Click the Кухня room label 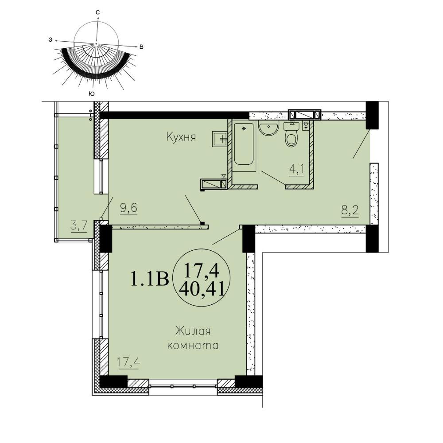tap(181, 137)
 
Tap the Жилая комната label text tap(193, 338)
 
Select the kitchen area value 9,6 tap(128, 209)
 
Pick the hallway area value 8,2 tap(350, 211)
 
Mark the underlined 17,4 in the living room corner tap(128, 362)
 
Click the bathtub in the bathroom tap(244, 145)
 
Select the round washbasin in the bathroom tap(268, 128)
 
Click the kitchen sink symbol tap(220, 138)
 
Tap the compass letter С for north tap(97, 12)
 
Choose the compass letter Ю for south tap(91, 94)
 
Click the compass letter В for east tap(142, 47)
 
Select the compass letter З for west tap(51, 40)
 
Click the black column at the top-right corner tap(372, 115)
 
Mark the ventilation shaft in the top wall tap(305, 114)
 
